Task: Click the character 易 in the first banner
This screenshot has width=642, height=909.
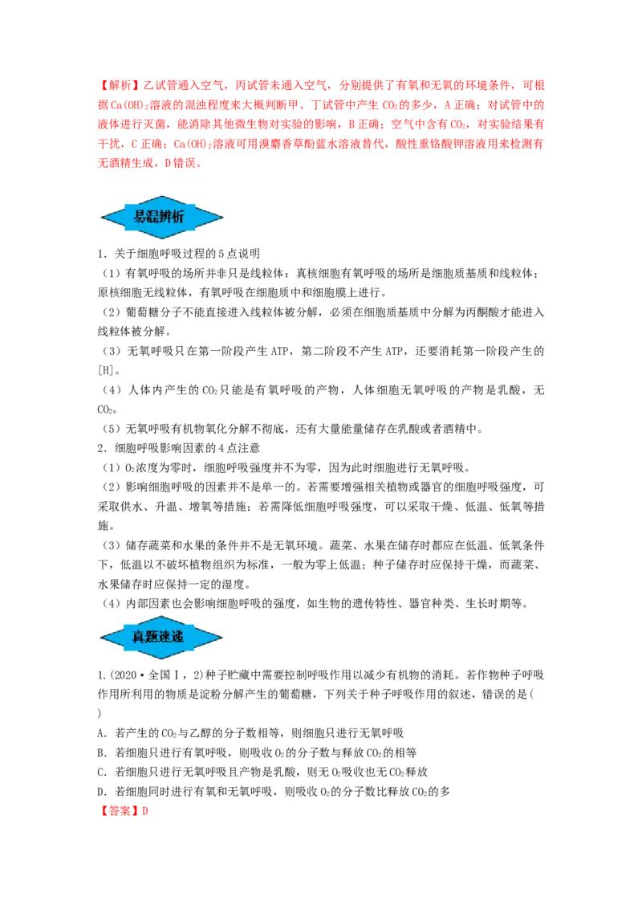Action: coord(140,217)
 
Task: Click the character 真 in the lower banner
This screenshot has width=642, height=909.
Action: coord(139,638)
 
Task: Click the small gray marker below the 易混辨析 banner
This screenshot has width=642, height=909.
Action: coord(163,241)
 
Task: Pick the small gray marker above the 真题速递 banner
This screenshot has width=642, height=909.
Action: coord(163,613)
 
